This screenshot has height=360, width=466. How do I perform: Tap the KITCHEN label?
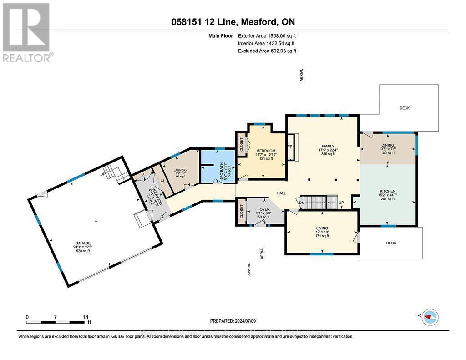[387, 191]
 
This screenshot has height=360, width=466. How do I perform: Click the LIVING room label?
[322, 228]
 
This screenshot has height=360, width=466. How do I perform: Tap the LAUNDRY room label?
[181, 171]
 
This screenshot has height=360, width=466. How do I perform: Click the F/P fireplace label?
[289, 147]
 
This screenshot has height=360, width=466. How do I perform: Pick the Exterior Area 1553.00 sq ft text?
[267, 35]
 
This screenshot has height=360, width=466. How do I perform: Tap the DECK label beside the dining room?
[405, 108]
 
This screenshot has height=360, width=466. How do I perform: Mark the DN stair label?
[301, 203]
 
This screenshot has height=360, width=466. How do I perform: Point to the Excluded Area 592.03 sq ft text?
[267, 51]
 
